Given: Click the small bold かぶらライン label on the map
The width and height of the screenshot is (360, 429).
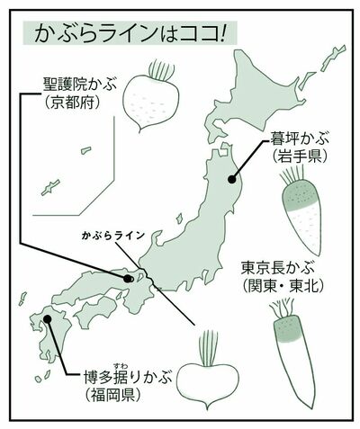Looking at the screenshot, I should [x=112, y=237].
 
